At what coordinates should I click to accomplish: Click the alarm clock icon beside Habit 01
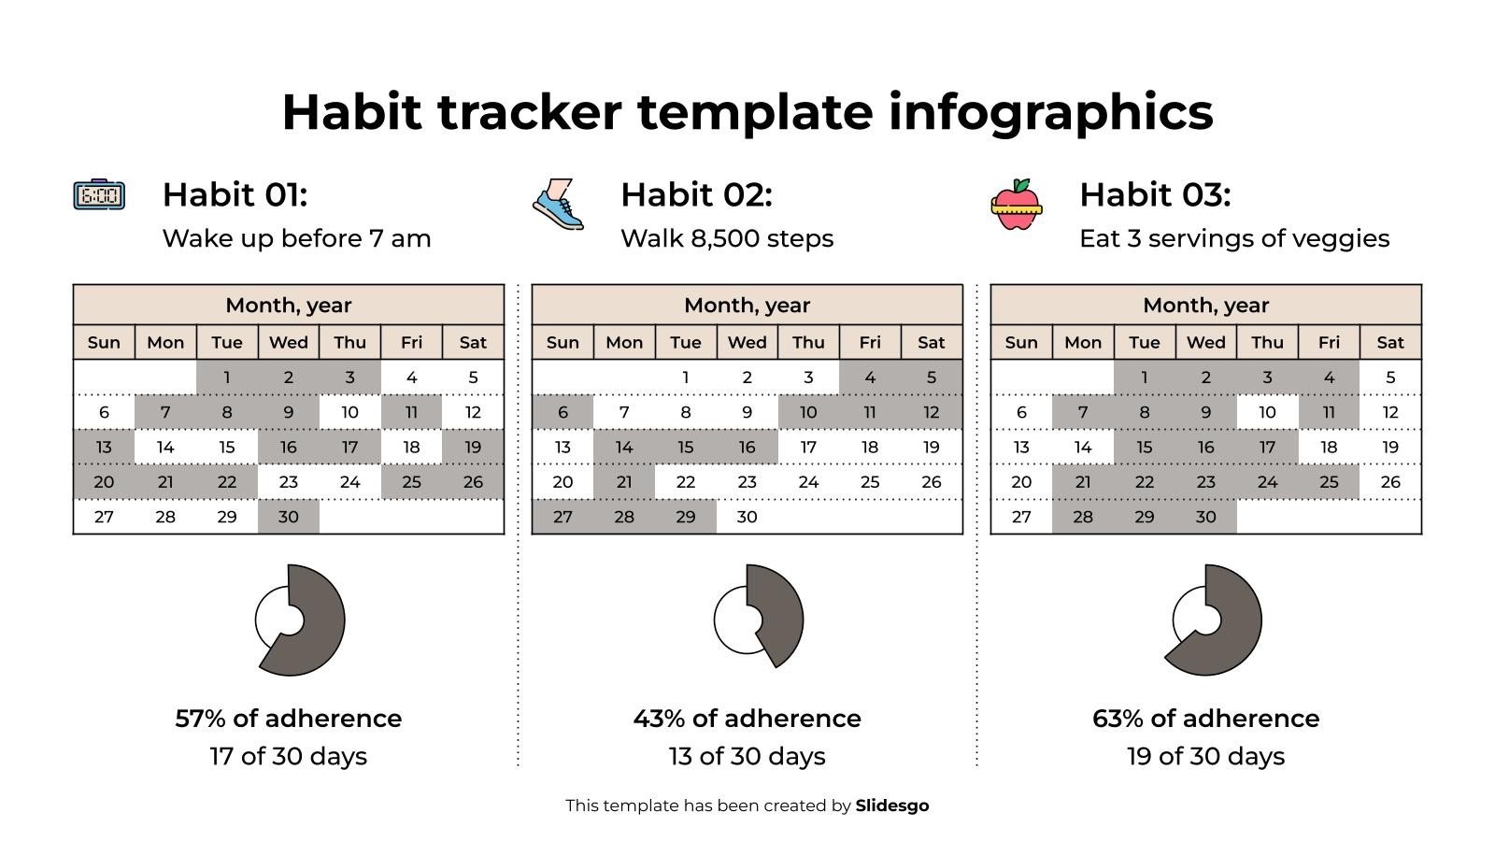(99, 194)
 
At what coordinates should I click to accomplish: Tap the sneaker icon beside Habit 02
(558, 205)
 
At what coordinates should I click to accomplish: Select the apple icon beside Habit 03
(1017, 206)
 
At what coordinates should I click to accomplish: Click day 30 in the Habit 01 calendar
(288, 517)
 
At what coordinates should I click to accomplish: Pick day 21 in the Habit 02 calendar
(624, 482)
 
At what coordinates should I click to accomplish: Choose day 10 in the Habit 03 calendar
(1267, 412)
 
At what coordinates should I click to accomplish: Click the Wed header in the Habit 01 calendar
(288, 342)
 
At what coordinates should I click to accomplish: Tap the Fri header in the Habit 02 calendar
(870, 342)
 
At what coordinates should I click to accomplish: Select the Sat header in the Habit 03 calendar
(1390, 342)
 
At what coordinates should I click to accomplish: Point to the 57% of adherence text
(288, 718)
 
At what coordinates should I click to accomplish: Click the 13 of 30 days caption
(747, 756)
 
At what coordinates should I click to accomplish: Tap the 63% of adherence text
(1205, 718)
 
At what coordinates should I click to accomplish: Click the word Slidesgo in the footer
(892, 805)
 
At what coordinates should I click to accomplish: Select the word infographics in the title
(1050, 112)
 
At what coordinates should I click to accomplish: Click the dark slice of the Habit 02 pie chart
(777, 612)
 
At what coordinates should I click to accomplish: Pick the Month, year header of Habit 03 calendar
(1205, 305)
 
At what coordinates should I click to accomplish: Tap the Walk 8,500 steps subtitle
(727, 238)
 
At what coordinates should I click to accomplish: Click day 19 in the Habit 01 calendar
(473, 447)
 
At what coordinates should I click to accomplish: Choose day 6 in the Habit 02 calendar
(562, 412)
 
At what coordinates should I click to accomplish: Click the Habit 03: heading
(1155, 194)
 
